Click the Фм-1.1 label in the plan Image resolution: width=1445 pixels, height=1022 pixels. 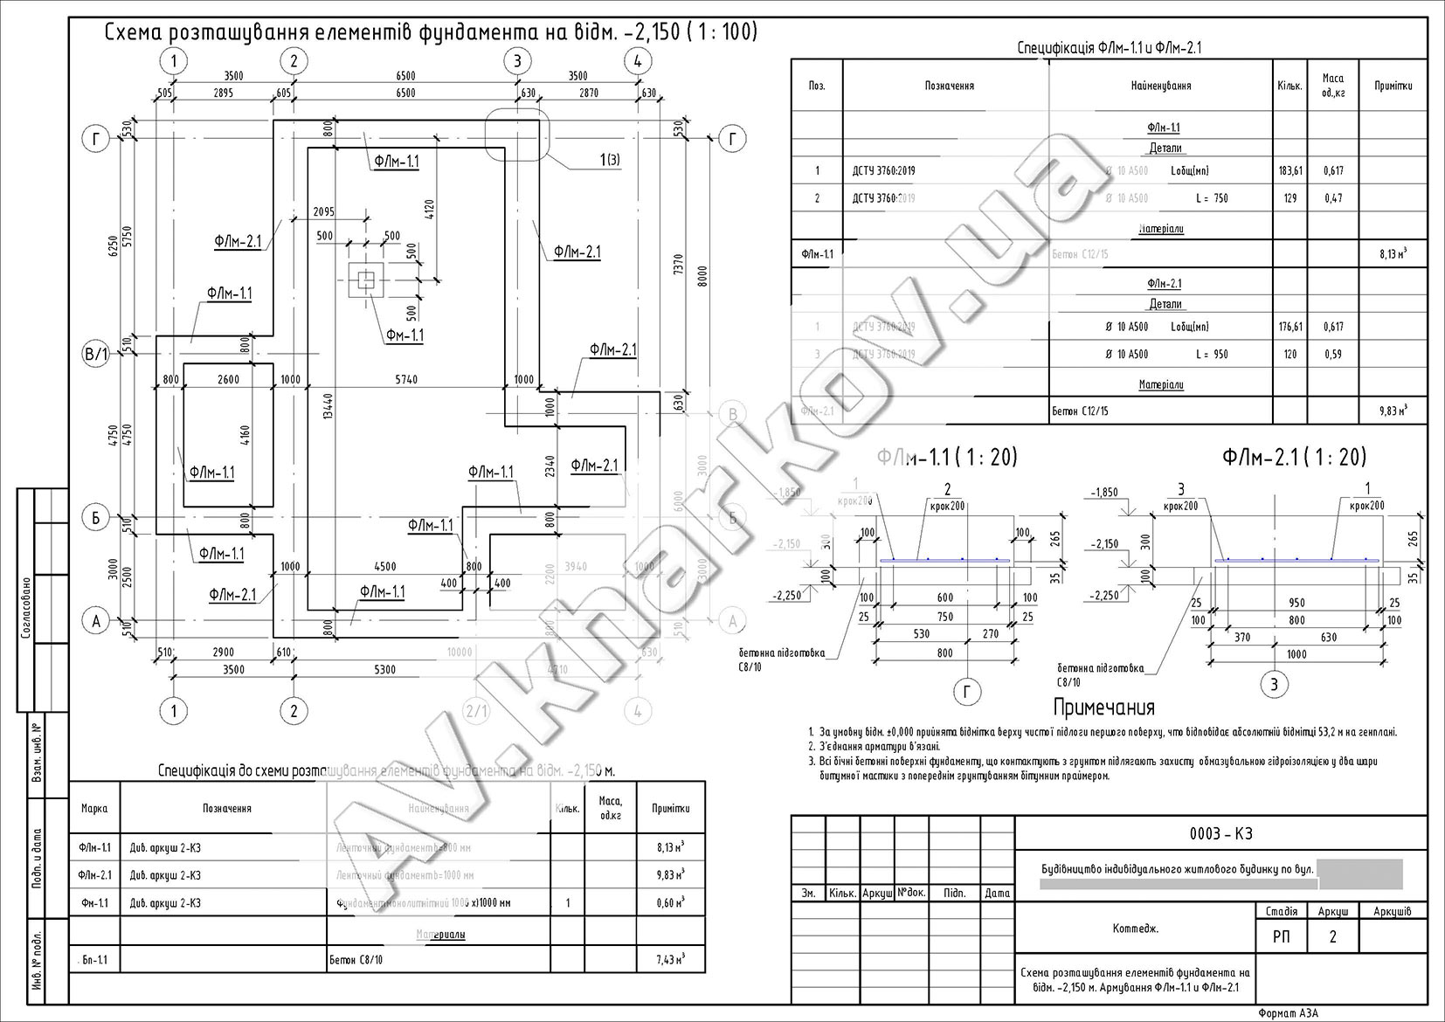pos(404,335)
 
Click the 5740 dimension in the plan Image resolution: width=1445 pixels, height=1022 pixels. pos(405,379)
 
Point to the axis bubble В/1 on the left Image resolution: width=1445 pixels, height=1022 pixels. pos(95,356)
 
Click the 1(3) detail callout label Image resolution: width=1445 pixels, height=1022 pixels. pos(609,159)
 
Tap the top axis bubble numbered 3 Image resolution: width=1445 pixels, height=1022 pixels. pos(518,61)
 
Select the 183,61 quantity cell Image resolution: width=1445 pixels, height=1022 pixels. pos(1290,171)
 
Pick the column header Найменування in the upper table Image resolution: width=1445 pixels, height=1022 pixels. pos(1161,86)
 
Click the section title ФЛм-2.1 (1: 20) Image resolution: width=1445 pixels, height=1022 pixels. pos(1294,457)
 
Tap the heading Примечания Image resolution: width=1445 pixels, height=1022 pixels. pos(1104,707)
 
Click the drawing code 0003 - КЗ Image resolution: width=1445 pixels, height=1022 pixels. pos(1220,833)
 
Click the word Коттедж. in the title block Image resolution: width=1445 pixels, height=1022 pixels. pos(1136,929)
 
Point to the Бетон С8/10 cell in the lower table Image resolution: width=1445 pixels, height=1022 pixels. pos(356,960)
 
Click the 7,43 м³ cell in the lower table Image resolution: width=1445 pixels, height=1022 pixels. pos(670,960)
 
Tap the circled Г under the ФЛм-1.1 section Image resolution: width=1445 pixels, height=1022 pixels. pos(966,693)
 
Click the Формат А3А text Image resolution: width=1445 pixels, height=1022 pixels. pos(1288,1013)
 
